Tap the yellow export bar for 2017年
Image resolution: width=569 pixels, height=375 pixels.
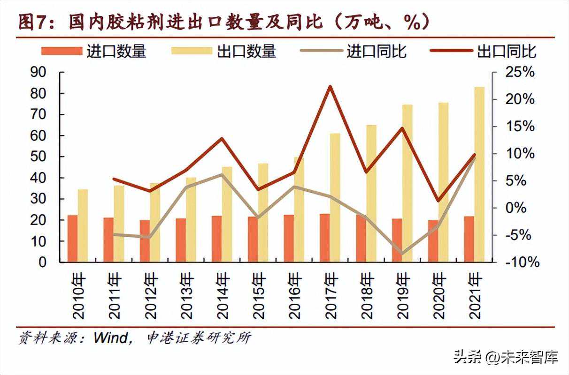pyautogui.click(x=335, y=197)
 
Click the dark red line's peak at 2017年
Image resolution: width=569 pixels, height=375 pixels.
pyautogui.click(x=330, y=87)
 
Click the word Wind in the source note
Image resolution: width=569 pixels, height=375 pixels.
pyautogui.click(x=111, y=337)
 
